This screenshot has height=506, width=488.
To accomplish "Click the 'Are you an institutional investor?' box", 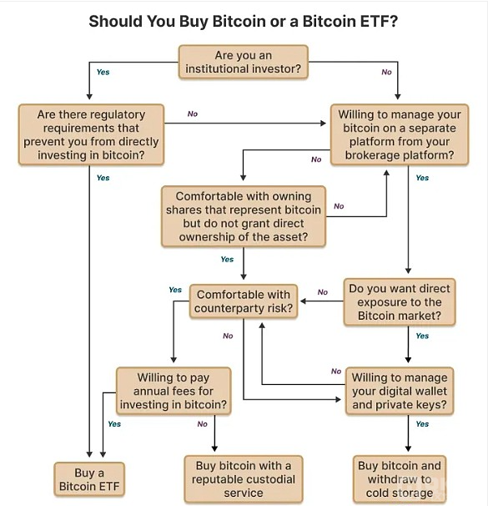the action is tap(244, 62).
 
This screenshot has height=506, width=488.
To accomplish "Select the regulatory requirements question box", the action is tap(91, 134).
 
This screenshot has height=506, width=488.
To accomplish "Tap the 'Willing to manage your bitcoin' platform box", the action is tap(400, 134).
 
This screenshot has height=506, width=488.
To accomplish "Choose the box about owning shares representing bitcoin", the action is tap(244, 216).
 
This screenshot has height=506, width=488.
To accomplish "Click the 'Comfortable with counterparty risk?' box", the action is tap(244, 301).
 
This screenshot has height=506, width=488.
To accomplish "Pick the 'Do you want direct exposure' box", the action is tap(400, 301).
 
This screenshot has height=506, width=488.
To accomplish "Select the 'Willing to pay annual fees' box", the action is tap(174, 391).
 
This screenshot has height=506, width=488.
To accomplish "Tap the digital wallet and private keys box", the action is tap(400, 391).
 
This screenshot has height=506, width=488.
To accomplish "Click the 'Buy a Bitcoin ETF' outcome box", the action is tap(89, 479).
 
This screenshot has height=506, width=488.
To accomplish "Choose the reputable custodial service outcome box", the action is tap(244, 479).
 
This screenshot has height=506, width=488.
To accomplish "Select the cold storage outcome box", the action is tap(400, 479).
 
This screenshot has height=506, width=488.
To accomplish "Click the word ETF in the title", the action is tap(379, 22).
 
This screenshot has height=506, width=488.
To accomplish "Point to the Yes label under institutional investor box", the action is tap(103, 72).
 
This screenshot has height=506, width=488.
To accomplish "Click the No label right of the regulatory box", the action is tap(193, 114).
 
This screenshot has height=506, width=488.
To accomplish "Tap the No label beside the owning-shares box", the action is tap(339, 206).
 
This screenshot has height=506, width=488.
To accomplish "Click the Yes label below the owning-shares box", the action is tap(227, 260).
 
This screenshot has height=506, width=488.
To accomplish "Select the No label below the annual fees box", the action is tap(203, 424).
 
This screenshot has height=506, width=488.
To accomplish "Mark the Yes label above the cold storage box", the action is tap(422, 424).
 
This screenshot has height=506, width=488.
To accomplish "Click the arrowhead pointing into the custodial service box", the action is tap(214, 448).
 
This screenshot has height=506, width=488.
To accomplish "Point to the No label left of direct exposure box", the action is tap(323, 292).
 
